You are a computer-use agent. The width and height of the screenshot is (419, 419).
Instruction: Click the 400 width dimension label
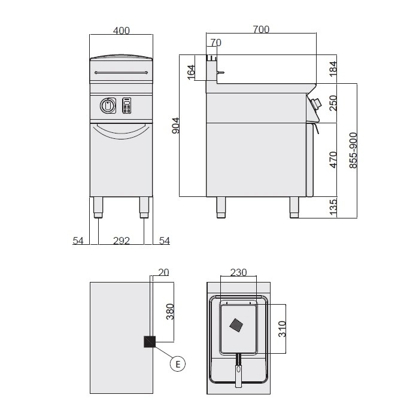click(122, 31)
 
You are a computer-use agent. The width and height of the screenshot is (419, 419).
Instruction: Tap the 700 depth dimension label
click(261, 29)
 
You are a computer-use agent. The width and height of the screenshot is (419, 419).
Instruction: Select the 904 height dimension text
click(175, 125)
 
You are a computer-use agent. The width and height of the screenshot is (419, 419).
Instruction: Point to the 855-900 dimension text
click(353, 150)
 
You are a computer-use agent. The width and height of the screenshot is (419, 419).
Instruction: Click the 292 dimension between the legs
click(122, 241)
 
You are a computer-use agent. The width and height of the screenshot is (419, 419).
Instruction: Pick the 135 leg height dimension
click(333, 207)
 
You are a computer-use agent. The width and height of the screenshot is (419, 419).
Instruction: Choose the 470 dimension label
click(333, 160)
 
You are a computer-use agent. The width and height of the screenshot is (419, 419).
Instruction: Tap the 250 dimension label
click(333, 103)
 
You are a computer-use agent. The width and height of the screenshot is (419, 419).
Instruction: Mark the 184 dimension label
click(333, 69)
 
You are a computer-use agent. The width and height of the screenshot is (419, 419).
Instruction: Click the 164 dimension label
click(192, 72)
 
